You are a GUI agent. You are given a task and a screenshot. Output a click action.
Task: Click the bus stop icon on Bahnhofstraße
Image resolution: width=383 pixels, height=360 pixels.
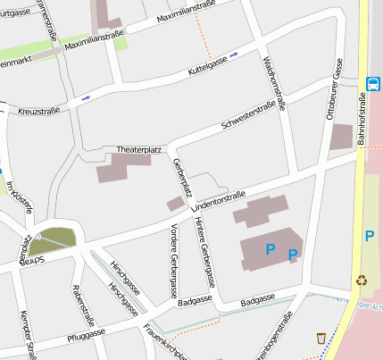coord(372,84)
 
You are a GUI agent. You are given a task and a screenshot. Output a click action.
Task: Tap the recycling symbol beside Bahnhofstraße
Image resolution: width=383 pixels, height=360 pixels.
coord(362,280)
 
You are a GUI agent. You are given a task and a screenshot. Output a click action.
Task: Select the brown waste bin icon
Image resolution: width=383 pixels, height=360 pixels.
coord(321,338)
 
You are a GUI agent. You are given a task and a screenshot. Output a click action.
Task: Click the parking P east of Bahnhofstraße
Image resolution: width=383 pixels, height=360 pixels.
coord(369,236)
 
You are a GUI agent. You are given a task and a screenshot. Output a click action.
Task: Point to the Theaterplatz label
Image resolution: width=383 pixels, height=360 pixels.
coord(138,149)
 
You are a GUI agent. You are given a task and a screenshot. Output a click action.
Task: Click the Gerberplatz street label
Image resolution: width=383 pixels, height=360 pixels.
coord(183,178)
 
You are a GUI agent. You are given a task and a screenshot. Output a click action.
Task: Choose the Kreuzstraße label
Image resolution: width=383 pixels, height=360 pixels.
coord(39,110)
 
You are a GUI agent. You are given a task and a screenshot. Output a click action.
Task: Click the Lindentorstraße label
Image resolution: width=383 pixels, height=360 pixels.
coord(218,199)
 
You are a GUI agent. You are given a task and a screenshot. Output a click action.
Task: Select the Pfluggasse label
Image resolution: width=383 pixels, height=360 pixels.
coord(86,336)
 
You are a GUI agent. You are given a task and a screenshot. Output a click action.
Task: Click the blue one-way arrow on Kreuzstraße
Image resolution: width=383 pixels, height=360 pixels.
coord(86,97)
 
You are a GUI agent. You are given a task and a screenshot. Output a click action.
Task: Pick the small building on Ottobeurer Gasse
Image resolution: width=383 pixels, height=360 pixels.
coord(341,137)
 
